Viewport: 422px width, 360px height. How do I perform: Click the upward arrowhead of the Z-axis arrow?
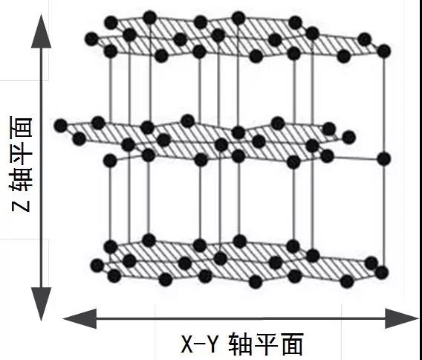[x=41, y=32]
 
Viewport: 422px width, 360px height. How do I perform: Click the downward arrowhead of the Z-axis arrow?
[x=41, y=304]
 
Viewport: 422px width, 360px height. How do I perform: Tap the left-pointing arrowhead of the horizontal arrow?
[x=80, y=318]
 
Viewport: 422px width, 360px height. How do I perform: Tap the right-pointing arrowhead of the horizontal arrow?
[x=402, y=318]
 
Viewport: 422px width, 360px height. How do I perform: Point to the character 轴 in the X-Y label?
[x=240, y=344]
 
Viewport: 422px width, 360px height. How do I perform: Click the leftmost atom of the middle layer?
[x=61, y=126]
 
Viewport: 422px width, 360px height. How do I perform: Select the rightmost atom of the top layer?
[x=384, y=51]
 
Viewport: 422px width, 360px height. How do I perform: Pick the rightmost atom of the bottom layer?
[x=382, y=272]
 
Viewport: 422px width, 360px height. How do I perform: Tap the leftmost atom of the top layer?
[x=92, y=39]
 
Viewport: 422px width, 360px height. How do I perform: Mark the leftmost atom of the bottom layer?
[x=97, y=266]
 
